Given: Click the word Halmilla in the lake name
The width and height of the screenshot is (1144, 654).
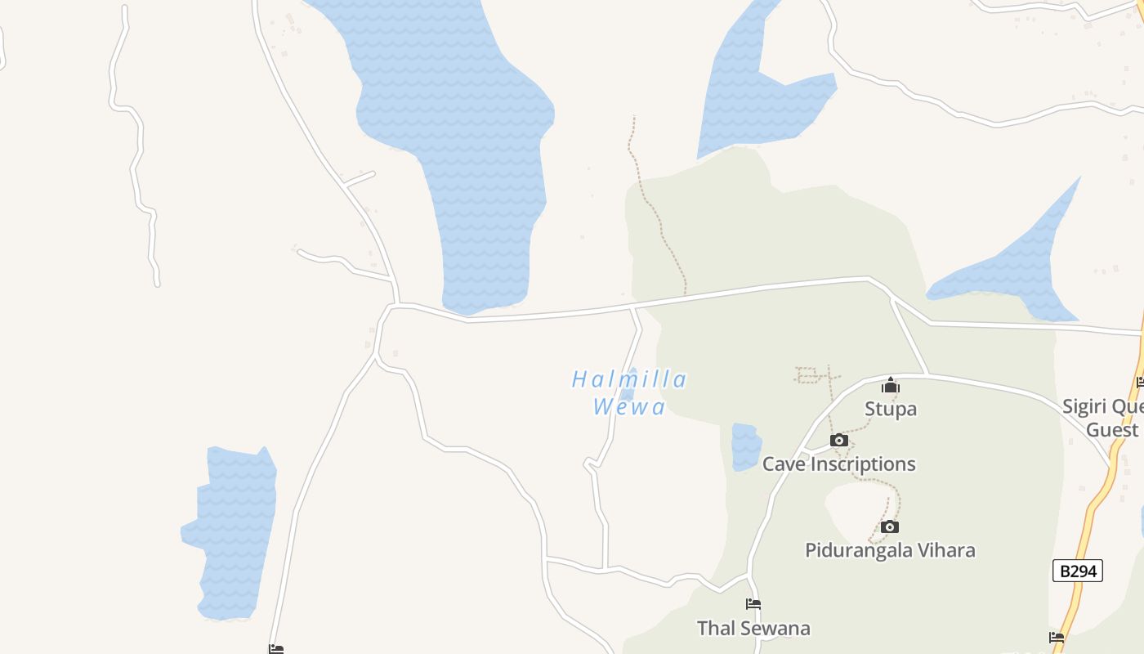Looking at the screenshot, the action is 629,380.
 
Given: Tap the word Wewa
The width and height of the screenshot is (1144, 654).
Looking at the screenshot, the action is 629,407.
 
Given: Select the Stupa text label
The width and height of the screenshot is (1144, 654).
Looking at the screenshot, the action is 891,409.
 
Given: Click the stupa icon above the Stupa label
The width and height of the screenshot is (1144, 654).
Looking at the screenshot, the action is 891,386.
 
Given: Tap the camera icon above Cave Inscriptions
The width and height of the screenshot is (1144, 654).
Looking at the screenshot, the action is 838,441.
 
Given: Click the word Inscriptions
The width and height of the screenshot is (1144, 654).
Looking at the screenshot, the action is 863,464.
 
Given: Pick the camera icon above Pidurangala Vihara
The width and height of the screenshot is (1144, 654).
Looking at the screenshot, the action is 890,527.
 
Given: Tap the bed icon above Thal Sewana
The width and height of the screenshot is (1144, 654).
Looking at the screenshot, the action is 753,605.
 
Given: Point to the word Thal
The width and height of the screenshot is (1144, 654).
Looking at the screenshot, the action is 715,629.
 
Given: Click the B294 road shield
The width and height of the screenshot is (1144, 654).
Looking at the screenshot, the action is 1077,571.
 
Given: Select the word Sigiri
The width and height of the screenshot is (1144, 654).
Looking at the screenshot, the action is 1084,407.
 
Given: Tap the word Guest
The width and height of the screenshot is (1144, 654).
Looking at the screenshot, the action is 1112,430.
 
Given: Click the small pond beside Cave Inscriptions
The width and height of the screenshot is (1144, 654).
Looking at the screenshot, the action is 745,447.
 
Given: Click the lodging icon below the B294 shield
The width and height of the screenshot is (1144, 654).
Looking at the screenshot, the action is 1057,638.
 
